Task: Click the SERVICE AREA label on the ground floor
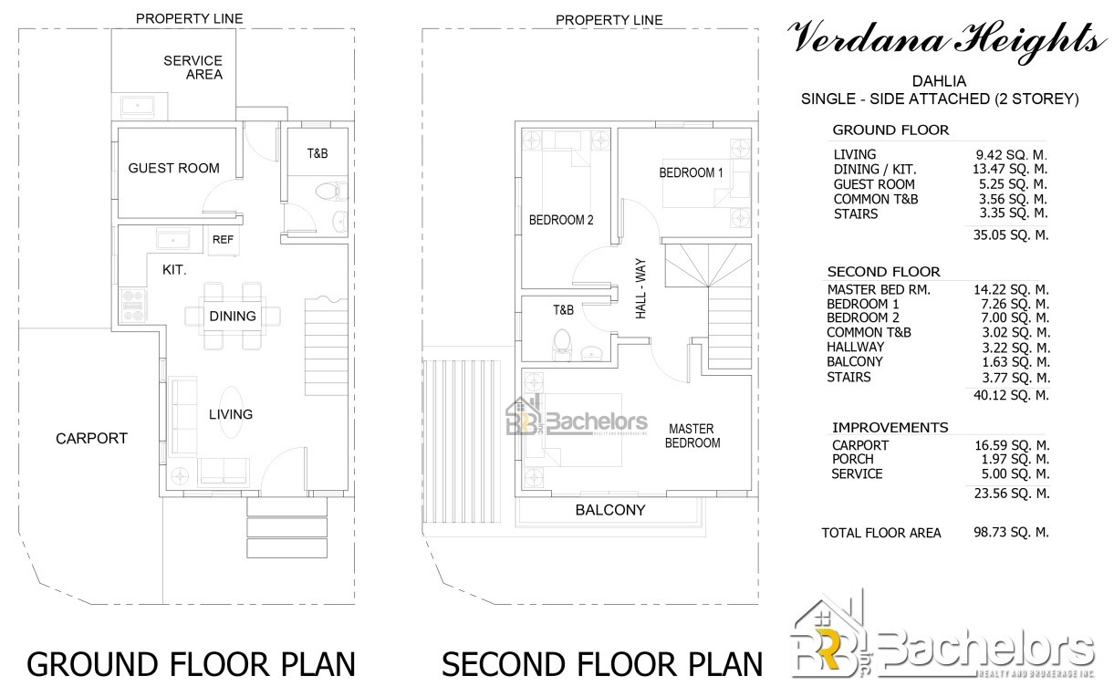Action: pyautogui.click(x=193, y=68)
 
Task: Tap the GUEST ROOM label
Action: pyautogui.click(x=173, y=168)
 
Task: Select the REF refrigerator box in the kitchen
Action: pyautogui.click(x=224, y=240)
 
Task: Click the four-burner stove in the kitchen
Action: pyautogui.click(x=133, y=306)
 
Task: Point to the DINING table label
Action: pyautogui.click(x=233, y=317)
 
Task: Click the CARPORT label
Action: pyautogui.click(x=91, y=439)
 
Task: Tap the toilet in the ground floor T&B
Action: pyautogui.click(x=331, y=191)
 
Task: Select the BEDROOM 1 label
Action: pyautogui.click(x=691, y=173)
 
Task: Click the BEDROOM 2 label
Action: pyautogui.click(x=561, y=220)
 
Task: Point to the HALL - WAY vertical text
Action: pyautogui.click(x=641, y=288)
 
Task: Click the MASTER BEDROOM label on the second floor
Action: pyautogui.click(x=692, y=435)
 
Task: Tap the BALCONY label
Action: pyautogui.click(x=610, y=510)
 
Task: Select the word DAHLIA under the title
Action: pyautogui.click(x=939, y=81)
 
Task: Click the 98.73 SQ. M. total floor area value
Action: pyautogui.click(x=1011, y=533)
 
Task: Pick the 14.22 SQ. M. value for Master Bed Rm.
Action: pyautogui.click(x=1011, y=289)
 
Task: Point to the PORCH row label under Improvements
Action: pyautogui.click(x=852, y=460)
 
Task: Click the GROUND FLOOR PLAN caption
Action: pyautogui.click(x=191, y=665)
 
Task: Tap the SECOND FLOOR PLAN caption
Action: pyautogui.click(x=602, y=665)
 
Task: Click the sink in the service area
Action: pyautogui.click(x=138, y=106)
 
